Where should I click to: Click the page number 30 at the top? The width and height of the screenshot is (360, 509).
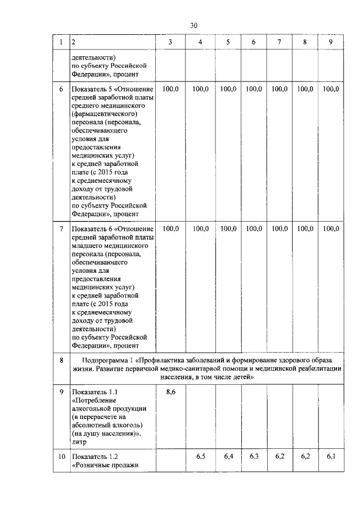(x=194, y=25)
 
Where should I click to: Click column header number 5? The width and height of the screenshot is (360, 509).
(x=228, y=43)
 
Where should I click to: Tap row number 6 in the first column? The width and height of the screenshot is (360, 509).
(x=61, y=89)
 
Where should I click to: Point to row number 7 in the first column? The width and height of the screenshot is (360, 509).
(x=61, y=229)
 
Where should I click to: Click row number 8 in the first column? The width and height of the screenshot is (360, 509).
(x=61, y=360)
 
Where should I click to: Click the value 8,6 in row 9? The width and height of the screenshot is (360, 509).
(x=170, y=391)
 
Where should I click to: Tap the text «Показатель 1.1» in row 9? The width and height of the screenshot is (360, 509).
(x=94, y=391)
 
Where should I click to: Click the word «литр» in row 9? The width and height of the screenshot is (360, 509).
(x=80, y=443)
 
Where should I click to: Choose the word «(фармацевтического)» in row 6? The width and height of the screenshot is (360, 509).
(x=105, y=114)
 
